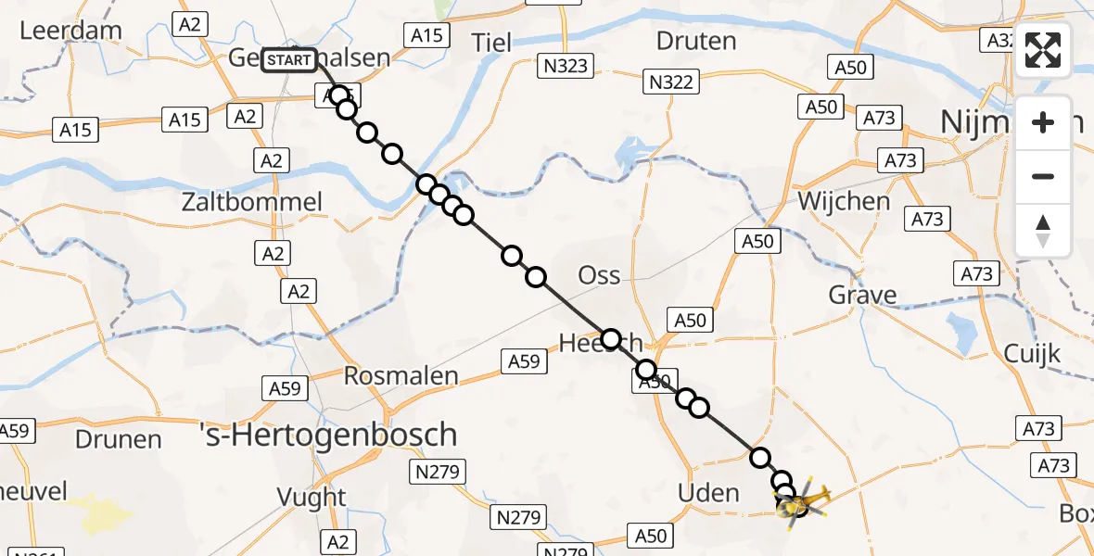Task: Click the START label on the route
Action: click(x=289, y=61)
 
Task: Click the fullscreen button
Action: click(x=1043, y=51)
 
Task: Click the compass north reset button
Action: click(x=1043, y=231)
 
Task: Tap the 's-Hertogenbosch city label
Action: click(x=329, y=435)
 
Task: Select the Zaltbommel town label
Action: click(x=266, y=202)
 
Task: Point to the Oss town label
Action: click(x=599, y=275)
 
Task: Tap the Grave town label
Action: click(x=862, y=296)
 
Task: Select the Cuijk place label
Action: click(x=1032, y=353)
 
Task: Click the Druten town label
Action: click(x=696, y=41)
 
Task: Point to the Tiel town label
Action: click(x=491, y=42)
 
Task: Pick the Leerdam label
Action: click(x=70, y=30)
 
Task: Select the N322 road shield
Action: click(x=669, y=82)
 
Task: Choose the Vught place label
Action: click(x=312, y=498)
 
